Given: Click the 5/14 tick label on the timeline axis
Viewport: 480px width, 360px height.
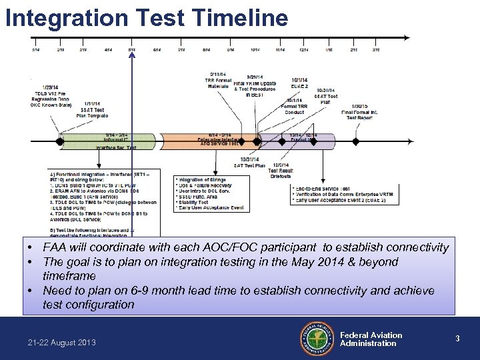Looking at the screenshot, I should point(132,50).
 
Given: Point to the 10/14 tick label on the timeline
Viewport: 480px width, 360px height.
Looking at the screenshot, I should point(255,50).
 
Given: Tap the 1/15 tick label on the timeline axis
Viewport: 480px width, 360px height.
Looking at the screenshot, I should point(329,50).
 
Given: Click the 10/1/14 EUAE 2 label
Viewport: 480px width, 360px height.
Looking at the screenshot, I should point(299,83).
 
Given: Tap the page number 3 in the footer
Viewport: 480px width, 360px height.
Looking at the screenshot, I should point(457,339).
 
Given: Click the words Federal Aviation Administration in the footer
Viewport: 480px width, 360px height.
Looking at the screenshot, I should point(371,339).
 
